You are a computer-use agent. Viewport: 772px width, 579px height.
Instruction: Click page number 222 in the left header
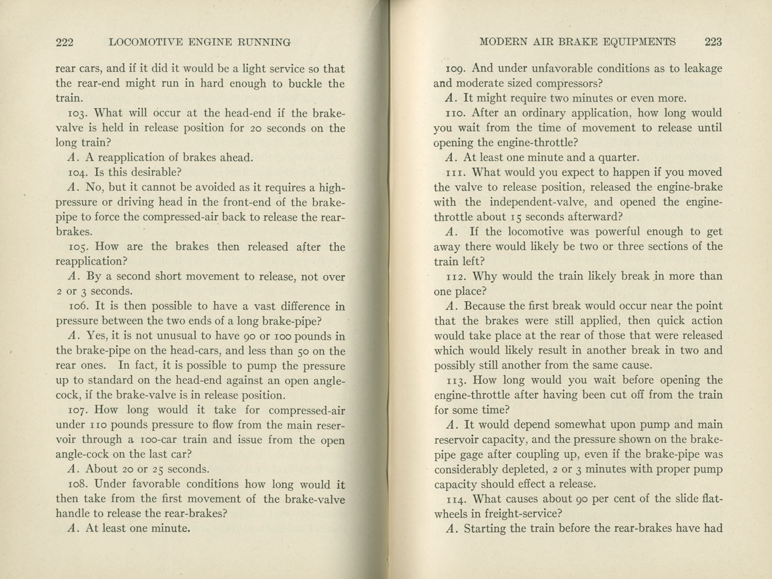click(x=65, y=42)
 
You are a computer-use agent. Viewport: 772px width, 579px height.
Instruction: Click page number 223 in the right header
click(x=713, y=41)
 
